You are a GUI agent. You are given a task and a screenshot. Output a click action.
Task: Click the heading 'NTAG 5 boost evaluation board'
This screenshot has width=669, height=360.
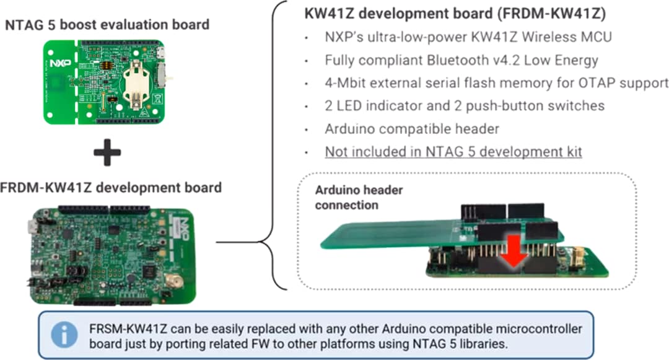coord(107,25)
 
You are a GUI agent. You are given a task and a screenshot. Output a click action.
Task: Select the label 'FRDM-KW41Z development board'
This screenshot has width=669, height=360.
coord(111,187)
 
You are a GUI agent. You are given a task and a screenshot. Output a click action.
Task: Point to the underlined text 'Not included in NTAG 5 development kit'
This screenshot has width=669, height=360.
coord(453,152)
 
